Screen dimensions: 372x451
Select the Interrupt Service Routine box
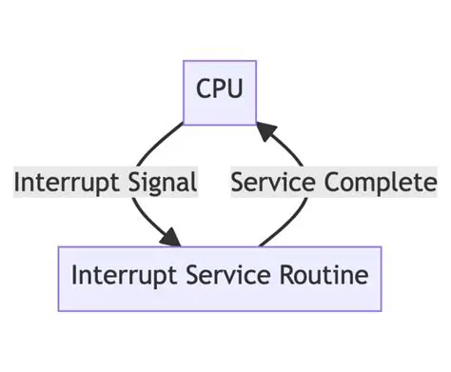pos(220,278)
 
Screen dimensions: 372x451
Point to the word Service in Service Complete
pos(272,182)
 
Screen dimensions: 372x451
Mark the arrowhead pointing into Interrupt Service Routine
pos(174,239)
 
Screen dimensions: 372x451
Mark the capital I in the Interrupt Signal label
pos(17,182)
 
